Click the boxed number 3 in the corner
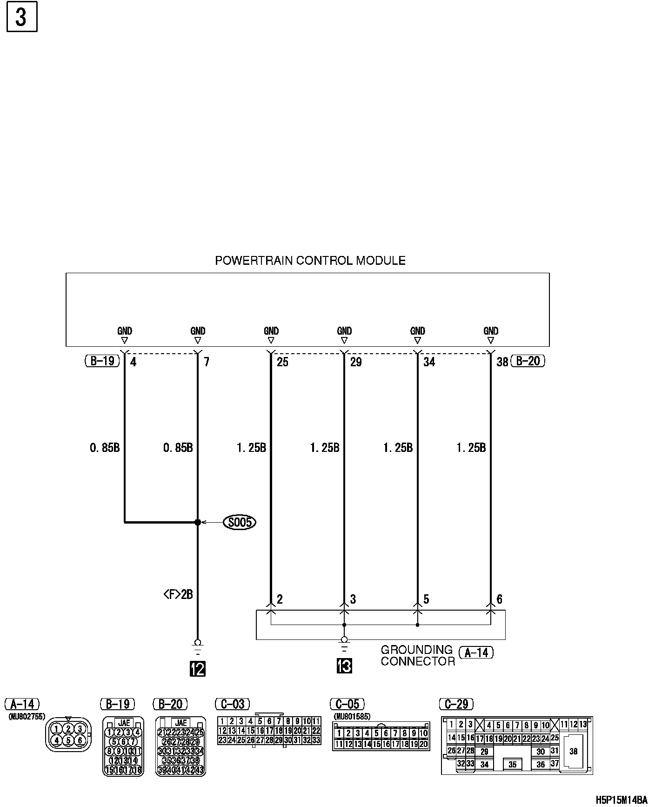[x=22, y=17]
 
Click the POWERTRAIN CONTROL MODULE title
[x=310, y=261]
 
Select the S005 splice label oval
[x=240, y=522]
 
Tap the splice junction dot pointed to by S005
[x=198, y=523]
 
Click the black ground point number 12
[x=198, y=669]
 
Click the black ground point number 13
[x=344, y=666]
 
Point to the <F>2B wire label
[x=178, y=594]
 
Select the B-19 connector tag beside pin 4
[x=102, y=361]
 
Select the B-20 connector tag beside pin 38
[x=528, y=361]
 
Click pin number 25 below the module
[x=282, y=362]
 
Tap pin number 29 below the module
[x=356, y=362]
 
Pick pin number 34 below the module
[x=429, y=362]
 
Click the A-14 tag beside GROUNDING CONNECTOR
[x=476, y=653]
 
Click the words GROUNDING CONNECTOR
[x=417, y=655]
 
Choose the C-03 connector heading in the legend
[x=233, y=704]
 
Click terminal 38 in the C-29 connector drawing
[x=573, y=751]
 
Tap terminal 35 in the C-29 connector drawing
[x=512, y=764]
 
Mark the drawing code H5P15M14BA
[x=622, y=800]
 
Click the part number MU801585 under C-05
[x=352, y=717]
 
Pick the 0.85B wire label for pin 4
[x=105, y=448]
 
